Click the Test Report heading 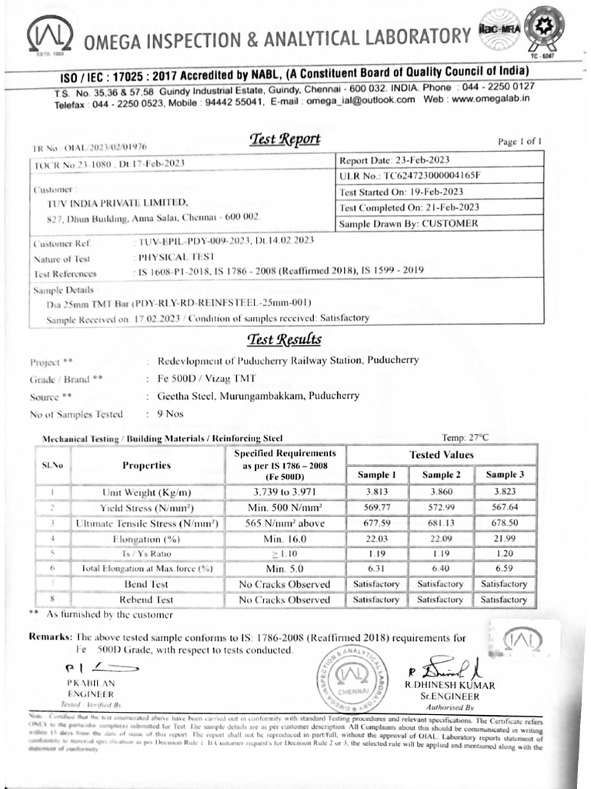coord(285,139)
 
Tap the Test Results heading coord(284,340)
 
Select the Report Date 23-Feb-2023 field coord(394,160)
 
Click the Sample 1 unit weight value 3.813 coord(377,492)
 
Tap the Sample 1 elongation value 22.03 coord(377,539)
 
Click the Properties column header coord(146,465)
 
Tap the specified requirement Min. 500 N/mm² coord(285,508)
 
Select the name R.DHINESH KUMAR coord(450,685)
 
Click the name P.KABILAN coord(91,683)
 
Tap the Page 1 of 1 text coord(520,142)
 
